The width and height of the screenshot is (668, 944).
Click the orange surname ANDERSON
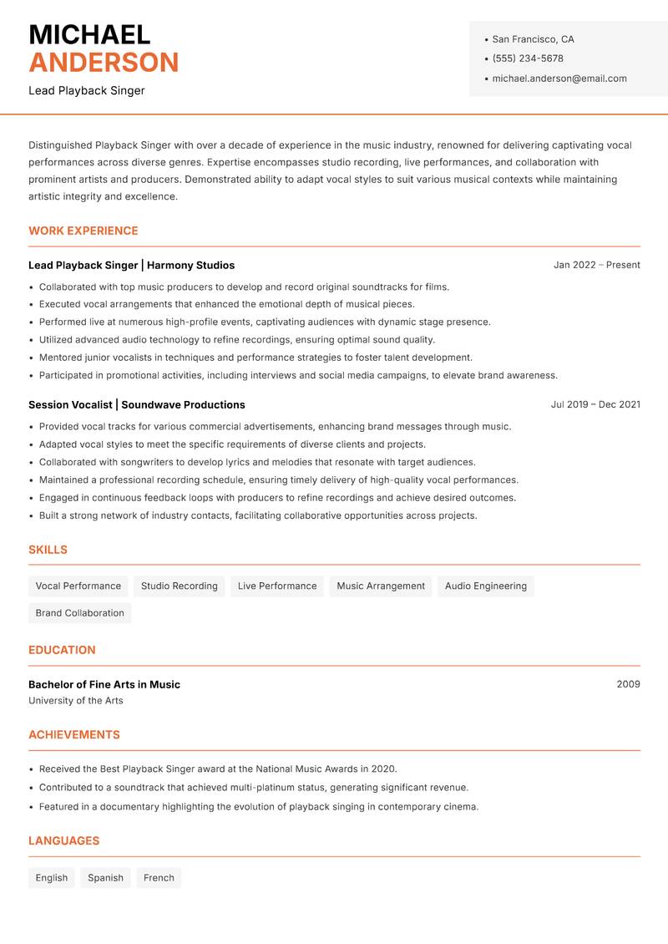coord(104,63)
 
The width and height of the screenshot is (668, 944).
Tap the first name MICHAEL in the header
coord(89,34)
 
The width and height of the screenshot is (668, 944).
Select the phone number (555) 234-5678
coord(528,58)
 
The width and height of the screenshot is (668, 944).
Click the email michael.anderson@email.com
coord(559,79)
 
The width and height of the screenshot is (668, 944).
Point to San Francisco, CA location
coord(533,39)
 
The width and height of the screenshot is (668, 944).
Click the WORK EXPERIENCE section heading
coord(83,231)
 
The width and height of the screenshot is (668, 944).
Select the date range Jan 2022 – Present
coord(596,265)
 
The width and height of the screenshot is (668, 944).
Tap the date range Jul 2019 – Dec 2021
coord(595,404)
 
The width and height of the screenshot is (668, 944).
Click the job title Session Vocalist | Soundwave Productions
coord(137,404)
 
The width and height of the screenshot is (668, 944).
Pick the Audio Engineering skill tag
coord(486,586)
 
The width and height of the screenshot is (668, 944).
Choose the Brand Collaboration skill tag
coord(79,612)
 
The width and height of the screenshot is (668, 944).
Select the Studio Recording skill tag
coord(179,586)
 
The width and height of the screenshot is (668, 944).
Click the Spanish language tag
coord(105,877)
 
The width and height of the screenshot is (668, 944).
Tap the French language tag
coord(159,877)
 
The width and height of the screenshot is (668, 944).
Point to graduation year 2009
coord(628,684)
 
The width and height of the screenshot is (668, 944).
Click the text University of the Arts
coord(76,701)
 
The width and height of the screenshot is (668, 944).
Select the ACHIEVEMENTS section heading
coord(74,734)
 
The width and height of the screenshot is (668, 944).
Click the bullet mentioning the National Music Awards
coord(218,769)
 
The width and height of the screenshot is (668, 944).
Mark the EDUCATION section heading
coord(62,649)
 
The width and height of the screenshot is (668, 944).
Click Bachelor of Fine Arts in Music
coord(104,684)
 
